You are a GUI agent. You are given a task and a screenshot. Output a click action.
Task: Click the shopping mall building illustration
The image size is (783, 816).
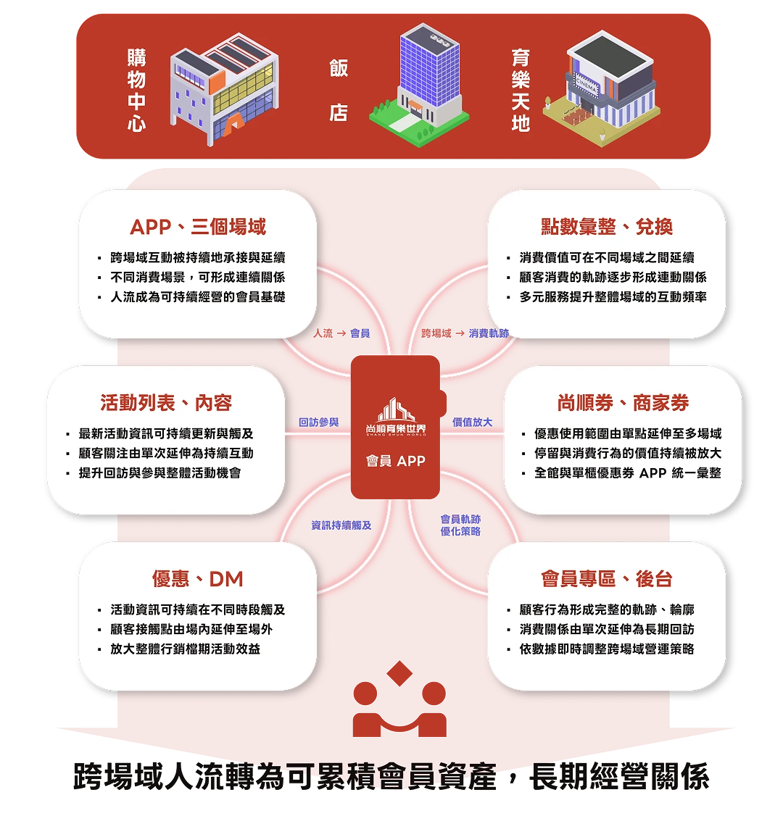point(225,87)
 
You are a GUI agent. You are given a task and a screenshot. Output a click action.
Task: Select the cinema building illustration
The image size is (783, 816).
point(601,87)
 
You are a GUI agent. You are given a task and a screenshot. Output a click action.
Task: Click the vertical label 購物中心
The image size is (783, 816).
point(136,90)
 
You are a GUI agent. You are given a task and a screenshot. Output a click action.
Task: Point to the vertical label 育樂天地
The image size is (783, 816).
point(520,90)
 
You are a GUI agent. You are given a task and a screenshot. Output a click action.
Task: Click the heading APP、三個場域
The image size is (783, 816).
point(198,227)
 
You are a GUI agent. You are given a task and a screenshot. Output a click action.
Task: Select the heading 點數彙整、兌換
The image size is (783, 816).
point(607,227)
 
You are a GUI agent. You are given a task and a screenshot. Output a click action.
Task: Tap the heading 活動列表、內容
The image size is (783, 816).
point(166,403)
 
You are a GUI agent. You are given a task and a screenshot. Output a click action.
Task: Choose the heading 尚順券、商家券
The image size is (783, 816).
point(623,403)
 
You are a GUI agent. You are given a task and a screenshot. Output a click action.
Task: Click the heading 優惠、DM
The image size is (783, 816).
point(197,579)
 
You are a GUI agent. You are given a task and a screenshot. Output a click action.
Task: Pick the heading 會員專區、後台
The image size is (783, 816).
point(607,579)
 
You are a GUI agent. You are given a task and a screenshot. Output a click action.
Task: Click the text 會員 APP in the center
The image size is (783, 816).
point(395,461)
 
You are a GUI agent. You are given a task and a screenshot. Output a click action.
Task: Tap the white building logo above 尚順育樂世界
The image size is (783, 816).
point(395,410)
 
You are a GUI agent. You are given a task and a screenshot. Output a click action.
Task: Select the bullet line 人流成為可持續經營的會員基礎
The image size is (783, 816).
point(197,297)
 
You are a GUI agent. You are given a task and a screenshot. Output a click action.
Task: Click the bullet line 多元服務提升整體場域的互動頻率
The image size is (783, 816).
point(613,297)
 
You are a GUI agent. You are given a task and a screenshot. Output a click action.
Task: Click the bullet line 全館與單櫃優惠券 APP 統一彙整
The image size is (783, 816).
point(627,472)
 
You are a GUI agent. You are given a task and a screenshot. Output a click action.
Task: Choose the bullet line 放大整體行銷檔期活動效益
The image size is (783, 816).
point(185,649)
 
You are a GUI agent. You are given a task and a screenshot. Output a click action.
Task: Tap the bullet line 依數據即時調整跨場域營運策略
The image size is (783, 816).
point(607,649)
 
